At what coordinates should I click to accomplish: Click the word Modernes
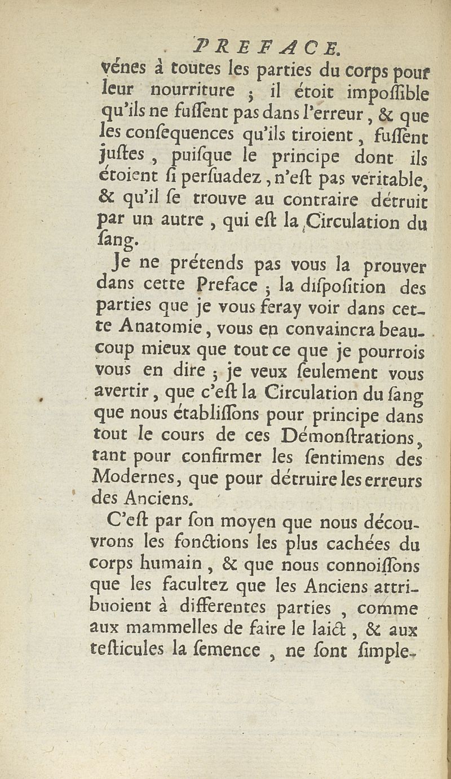pos(136,479)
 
